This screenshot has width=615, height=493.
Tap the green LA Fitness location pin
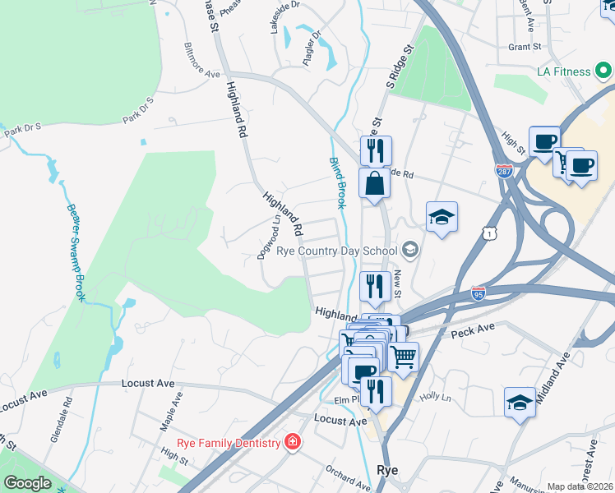click(603, 71)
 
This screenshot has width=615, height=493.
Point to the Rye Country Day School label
click(349, 250)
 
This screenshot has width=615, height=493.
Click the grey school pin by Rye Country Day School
click(409, 250)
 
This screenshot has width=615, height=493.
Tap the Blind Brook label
click(337, 182)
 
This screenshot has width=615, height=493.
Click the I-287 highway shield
click(503, 171)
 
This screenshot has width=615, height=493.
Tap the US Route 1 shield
click(490, 235)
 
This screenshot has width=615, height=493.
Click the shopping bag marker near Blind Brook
click(375, 184)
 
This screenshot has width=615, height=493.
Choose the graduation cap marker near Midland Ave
click(520, 403)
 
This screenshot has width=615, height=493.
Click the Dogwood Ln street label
click(270, 237)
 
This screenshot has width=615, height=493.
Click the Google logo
click(27, 483)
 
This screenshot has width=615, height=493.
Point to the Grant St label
click(523, 47)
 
